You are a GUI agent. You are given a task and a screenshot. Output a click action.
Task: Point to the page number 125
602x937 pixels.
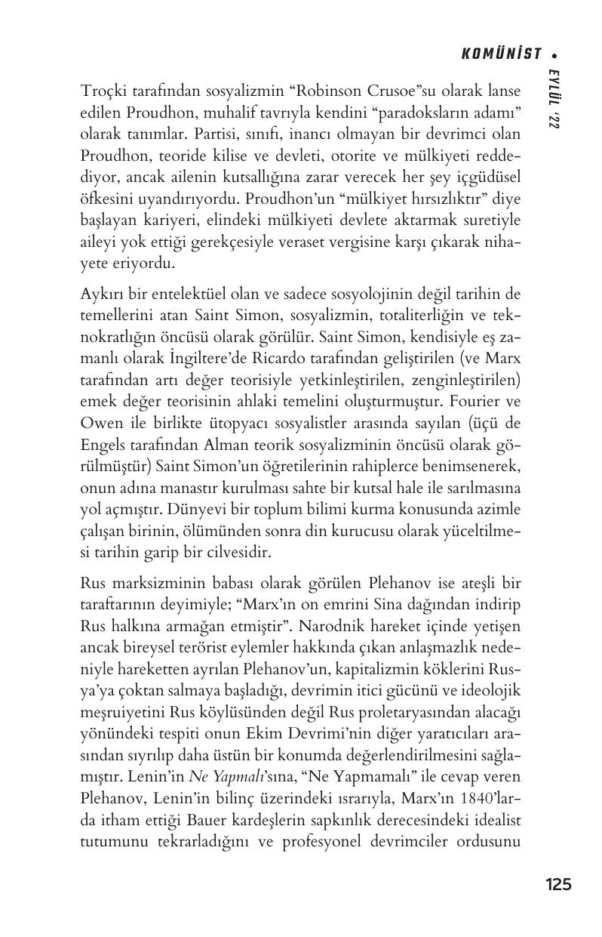[x=558, y=885]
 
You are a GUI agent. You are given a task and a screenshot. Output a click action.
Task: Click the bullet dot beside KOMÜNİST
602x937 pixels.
[x=554, y=54]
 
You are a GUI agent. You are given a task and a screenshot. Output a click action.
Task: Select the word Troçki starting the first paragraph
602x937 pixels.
[x=101, y=91]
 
